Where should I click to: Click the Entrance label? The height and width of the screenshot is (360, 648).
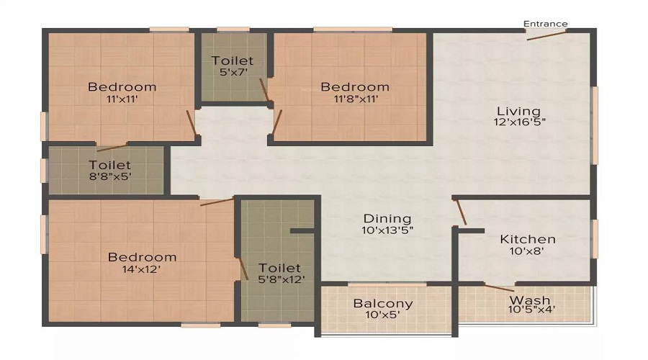pyautogui.click(x=546, y=24)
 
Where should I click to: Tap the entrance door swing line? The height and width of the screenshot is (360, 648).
pyautogui.click(x=546, y=35)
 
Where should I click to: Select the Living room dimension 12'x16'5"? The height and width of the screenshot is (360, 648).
pyautogui.click(x=519, y=122)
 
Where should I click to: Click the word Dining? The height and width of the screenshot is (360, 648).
pyautogui.click(x=387, y=219)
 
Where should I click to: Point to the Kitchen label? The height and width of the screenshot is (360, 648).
pyautogui.click(x=528, y=239)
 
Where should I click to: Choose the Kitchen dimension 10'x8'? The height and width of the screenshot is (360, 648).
pyautogui.click(x=526, y=251)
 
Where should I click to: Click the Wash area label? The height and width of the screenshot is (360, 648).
pyautogui.click(x=530, y=300)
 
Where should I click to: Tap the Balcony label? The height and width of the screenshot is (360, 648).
pyautogui.click(x=383, y=303)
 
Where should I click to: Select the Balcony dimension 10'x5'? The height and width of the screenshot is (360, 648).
pyautogui.click(x=383, y=315)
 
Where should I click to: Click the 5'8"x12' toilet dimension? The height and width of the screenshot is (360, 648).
pyautogui.click(x=282, y=279)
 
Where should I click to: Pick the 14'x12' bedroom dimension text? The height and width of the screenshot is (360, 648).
pyautogui.click(x=141, y=269)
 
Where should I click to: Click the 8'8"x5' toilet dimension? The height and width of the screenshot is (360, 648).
pyautogui.click(x=110, y=176)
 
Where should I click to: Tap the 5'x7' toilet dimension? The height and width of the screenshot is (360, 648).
pyautogui.click(x=233, y=72)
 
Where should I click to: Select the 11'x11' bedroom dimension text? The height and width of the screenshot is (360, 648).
pyautogui.click(x=122, y=99)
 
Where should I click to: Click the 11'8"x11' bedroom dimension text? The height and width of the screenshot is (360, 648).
pyautogui.click(x=356, y=99)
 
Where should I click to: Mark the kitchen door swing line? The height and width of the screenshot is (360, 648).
pyautogui.click(x=461, y=212)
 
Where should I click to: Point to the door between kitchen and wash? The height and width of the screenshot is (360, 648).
pyautogui.click(x=499, y=288)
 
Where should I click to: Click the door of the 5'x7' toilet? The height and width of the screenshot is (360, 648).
pyautogui.click(x=264, y=91)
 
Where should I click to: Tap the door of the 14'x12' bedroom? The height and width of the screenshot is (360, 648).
pyautogui.click(x=217, y=202)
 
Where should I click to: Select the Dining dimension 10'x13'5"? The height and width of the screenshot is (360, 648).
pyautogui.click(x=387, y=230)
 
